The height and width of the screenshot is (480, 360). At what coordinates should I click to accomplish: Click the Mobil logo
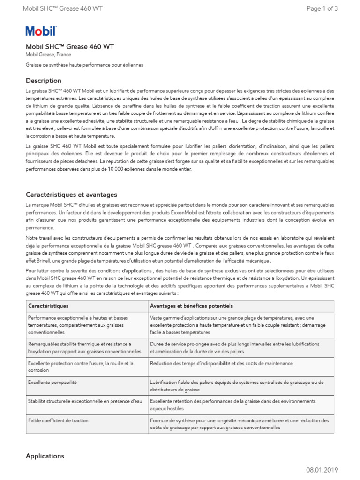pos(41,31)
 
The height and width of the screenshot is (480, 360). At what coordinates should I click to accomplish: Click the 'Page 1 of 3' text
pos(322,8)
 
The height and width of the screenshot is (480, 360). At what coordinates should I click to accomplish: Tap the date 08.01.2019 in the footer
pos(322,470)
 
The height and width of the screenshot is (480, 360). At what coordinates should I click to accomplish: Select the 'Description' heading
pos(44,81)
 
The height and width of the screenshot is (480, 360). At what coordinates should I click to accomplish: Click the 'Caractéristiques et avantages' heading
pos(71,195)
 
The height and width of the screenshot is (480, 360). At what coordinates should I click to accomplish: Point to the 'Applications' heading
pos(45,456)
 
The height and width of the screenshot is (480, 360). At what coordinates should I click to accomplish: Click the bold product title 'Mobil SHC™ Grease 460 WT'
pos(69,47)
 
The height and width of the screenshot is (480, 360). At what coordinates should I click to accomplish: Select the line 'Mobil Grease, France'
pos(48,55)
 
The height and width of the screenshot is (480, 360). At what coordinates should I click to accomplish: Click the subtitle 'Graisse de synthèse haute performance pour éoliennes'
pos(84,65)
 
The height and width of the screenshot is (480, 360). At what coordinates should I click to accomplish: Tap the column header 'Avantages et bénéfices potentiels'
pos(191,306)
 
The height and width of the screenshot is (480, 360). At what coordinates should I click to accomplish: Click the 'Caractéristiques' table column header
pos(48,306)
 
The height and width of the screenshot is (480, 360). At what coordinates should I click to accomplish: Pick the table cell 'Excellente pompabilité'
pos(52,382)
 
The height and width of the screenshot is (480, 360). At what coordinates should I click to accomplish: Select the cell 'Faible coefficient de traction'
pos(58,420)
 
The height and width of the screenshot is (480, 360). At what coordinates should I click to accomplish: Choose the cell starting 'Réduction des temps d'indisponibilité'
pos(221,363)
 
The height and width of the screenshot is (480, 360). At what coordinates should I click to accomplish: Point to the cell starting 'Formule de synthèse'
pos(239,424)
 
